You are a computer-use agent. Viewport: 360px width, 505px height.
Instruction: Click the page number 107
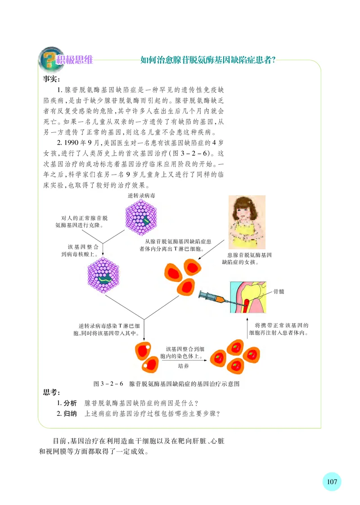click(332, 481)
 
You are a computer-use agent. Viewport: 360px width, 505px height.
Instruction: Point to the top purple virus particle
click(142, 217)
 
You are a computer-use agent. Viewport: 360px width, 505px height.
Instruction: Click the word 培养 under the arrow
click(184, 366)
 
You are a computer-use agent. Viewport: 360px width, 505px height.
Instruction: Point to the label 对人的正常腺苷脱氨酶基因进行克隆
click(85, 221)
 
